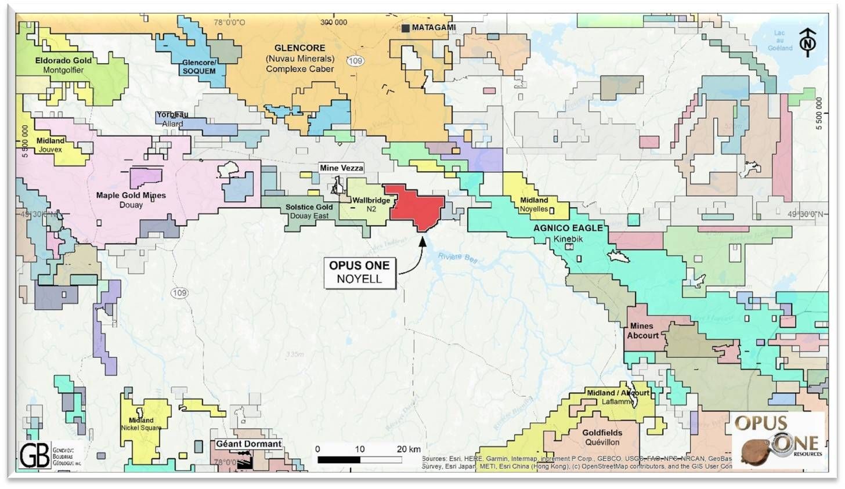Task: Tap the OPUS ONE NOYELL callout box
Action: click(359, 272)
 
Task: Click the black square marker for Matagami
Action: click(406, 28)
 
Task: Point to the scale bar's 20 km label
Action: click(409, 450)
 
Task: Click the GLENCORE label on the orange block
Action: click(299, 48)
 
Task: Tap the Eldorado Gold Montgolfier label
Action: click(63, 65)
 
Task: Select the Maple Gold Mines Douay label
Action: click(131, 200)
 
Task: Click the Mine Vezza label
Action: click(341, 168)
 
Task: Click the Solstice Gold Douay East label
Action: click(309, 211)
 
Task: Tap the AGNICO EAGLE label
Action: click(568, 228)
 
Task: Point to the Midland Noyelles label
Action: click(534, 204)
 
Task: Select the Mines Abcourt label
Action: click(642, 331)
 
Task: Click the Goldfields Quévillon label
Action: click(602, 437)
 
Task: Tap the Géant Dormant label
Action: click(248, 444)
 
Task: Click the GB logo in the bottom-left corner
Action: click(35, 455)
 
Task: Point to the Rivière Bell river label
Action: click(457, 258)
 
